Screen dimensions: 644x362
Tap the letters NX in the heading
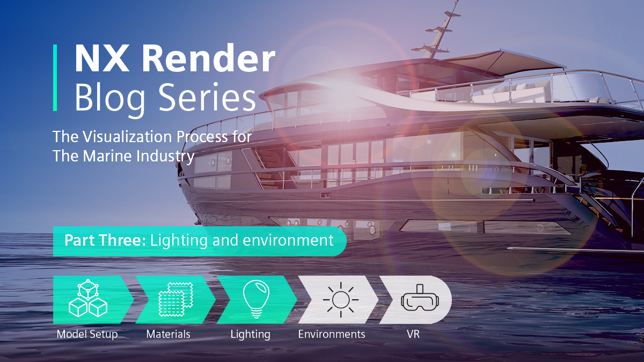click(102, 58)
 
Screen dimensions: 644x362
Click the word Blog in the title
click(110, 99)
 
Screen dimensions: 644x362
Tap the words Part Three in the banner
click(105, 240)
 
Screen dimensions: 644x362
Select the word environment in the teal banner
click(288, 241)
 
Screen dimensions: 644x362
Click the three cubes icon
click(88, 298)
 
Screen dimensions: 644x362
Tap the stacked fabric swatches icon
click(175, 299)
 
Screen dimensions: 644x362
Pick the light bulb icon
click(256, 299)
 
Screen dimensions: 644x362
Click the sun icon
click(341, 300)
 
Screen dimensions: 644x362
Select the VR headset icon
click(420, 298)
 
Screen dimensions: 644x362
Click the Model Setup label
click(87, 334)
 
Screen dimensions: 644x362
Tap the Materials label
click(168, 334)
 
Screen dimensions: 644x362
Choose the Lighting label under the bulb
click(251, 335)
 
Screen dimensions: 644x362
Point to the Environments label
click(332, 334)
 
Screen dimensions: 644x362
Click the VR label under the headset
click(413, 334)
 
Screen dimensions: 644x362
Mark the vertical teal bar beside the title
click(55, 78)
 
